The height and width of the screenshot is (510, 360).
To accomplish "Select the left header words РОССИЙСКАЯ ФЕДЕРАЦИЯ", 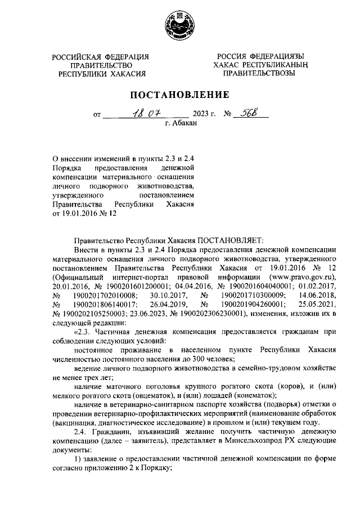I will pos(101,57).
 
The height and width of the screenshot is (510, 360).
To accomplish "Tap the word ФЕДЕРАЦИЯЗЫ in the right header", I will pos(276,57).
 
